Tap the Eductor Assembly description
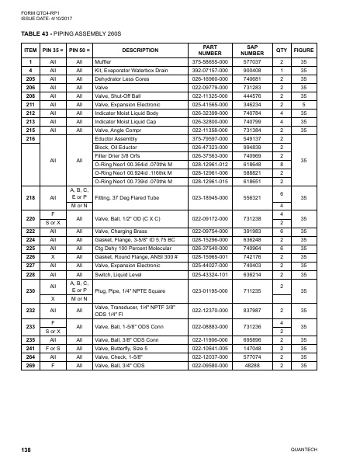point(116,137)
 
